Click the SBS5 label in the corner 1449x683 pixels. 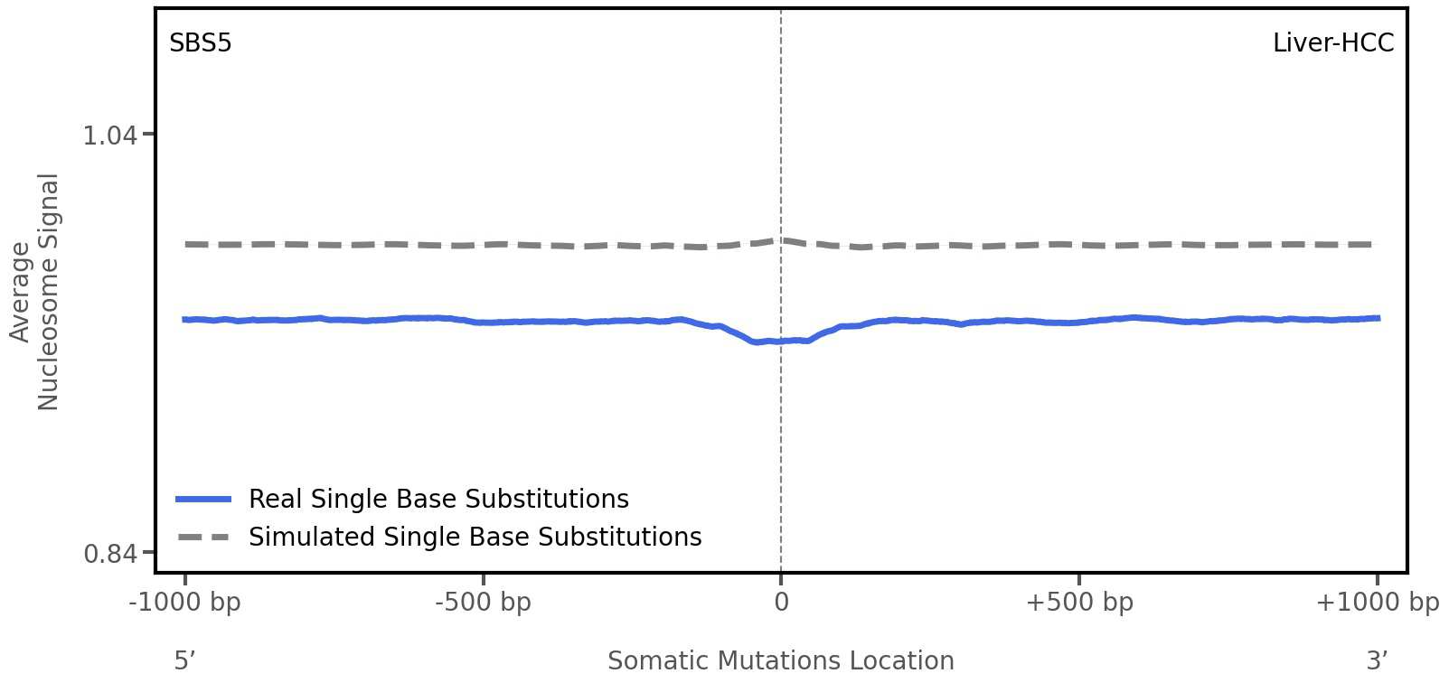200,43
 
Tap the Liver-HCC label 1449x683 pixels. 1332,43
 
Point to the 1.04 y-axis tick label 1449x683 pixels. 109,136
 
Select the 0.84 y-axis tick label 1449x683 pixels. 109,553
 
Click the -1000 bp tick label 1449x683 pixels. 184,603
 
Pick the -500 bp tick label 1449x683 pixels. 483,603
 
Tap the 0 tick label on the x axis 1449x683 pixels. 781,603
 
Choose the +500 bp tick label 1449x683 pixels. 1078,603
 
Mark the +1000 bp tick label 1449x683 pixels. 1377,603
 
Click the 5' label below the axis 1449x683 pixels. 184,661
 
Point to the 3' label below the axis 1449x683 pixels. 1377,661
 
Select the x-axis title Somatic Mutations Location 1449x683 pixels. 780,661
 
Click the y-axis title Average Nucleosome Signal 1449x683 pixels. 34,291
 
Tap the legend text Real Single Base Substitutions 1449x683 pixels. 438,500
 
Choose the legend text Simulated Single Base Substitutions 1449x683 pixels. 475,538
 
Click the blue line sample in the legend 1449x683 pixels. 203,500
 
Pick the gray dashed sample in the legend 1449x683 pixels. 203,538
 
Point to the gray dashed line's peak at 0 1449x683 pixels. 781,240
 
